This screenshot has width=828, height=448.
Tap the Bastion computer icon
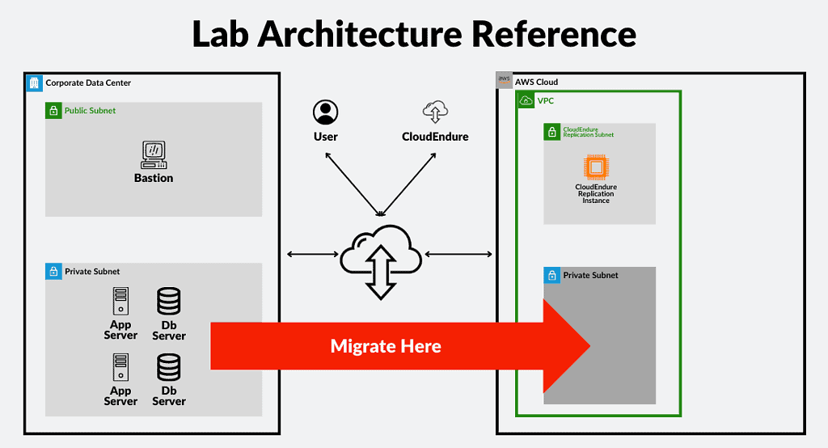154,154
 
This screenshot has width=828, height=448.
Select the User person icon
326,112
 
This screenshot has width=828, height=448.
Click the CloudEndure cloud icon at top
435,112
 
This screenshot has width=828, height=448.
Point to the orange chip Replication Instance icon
596,167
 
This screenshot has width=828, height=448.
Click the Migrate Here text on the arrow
386,346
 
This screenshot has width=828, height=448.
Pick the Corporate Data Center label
88,82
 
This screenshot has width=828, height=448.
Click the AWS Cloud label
536,82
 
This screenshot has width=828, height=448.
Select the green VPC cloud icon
526,100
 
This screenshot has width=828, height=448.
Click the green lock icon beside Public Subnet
53,111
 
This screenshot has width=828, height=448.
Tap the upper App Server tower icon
120,301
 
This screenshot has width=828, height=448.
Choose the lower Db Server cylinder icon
169,367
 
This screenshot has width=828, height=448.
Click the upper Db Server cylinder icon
169,301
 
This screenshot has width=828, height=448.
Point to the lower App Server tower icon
120,367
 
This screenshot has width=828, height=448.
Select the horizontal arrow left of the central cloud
313,255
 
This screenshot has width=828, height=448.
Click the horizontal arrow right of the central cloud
458,255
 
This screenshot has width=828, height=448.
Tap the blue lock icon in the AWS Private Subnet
552,275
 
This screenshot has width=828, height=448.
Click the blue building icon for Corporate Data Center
34,82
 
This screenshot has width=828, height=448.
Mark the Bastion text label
154,178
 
